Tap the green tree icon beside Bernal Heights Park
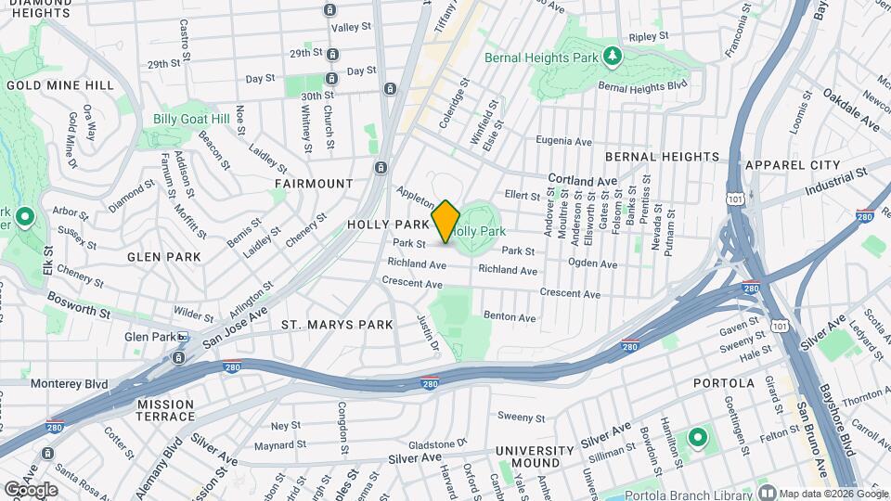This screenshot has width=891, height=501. point(612,58)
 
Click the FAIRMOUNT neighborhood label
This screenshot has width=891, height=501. point(314,184)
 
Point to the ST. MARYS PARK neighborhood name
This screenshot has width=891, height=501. point(337,325)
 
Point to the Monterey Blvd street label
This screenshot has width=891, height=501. point(69,384)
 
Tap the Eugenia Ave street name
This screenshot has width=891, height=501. point(563,141)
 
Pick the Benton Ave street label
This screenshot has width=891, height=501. point(510,317)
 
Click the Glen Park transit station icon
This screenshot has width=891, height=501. point(183,337)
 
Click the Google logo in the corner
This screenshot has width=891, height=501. point(31,490)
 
